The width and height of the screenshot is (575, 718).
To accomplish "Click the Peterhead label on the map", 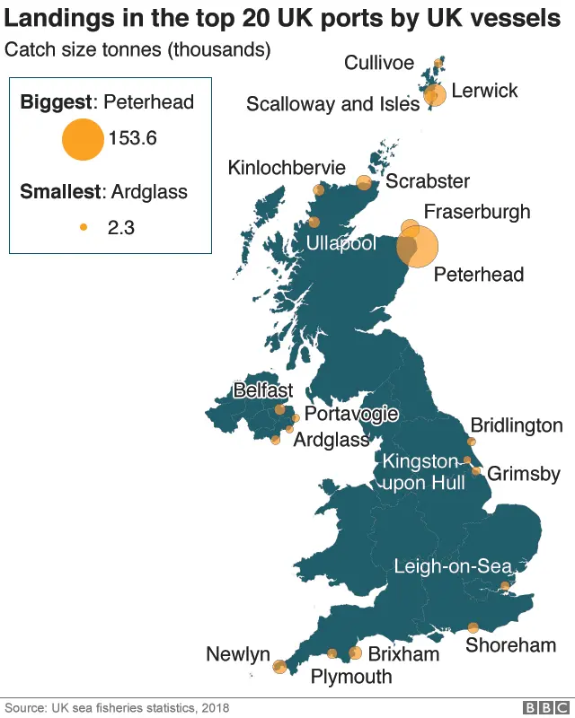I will [478, 275].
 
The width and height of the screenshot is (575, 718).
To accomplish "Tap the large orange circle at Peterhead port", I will [418, 247].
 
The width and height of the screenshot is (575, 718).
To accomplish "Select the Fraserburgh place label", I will [476, 213].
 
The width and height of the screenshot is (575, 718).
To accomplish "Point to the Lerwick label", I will [484, 91].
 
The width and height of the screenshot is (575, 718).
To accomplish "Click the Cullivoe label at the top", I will [379, 62].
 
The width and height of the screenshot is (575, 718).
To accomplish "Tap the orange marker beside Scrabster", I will [364, 182].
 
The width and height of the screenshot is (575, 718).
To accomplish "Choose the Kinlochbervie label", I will [287, 168].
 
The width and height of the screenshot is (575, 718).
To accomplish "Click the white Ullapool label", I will [341, 244].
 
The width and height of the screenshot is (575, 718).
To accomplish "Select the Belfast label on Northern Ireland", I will [262, 390].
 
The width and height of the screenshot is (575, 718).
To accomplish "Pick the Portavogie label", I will [350, 414].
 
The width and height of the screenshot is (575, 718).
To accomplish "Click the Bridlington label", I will [517, 425].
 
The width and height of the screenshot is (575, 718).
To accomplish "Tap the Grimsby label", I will [524, 474].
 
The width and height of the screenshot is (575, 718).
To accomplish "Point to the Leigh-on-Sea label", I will [453, 566].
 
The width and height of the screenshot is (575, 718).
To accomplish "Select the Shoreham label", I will [510, 645].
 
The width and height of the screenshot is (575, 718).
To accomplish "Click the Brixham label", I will [403, 654].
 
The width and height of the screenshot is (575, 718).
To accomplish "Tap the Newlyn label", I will [238, 654].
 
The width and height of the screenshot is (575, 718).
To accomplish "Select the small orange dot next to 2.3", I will [84, 228].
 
